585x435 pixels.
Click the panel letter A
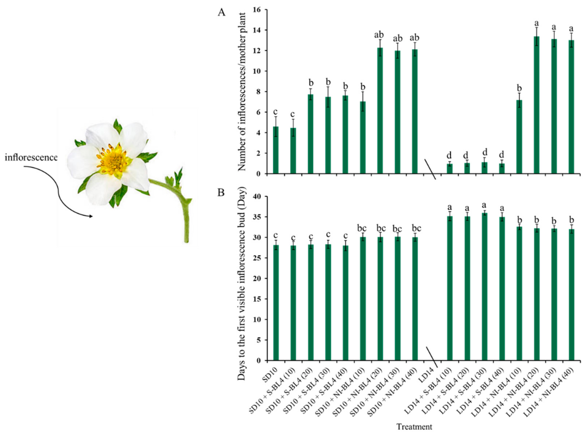click(x=222, y=12)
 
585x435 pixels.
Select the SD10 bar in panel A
click(x=276, y=150)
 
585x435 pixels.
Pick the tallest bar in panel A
click(x=536, y=105)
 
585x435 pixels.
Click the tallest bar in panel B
click(x=485, y=287)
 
